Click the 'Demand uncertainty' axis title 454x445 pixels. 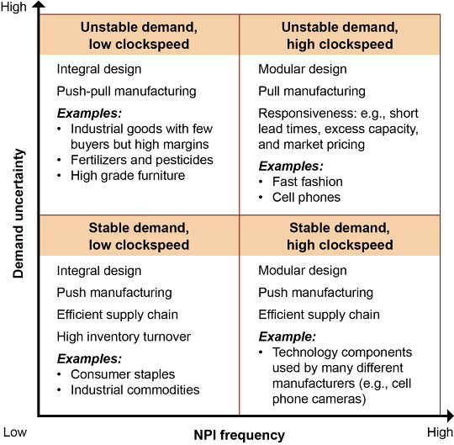click(18, 214)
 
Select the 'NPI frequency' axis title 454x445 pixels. click(239, 436)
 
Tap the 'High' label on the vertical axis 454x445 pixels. click(13, 7)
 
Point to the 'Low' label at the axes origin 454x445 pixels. click(15, 432)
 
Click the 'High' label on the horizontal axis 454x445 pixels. click(440, 432)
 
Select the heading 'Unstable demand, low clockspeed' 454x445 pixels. click(139, 35)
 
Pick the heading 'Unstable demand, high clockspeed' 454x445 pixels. click(340, 35)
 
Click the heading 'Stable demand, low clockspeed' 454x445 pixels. click(139, 236)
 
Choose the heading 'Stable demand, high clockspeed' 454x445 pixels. click(340, 236)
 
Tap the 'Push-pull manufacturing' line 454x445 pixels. click(126, 91)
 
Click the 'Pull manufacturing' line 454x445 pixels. click(312, 91)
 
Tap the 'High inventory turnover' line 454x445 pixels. click(124, 336)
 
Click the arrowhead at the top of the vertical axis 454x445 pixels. click(39, 4)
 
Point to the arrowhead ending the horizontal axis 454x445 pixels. click(451, 416)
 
